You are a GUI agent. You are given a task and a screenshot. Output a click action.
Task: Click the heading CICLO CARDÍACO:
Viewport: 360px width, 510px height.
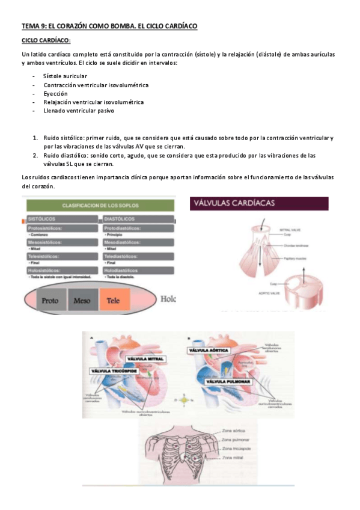click(x=46, y=40)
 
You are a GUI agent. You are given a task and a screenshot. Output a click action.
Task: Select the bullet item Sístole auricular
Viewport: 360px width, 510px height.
click(x=65, y=76)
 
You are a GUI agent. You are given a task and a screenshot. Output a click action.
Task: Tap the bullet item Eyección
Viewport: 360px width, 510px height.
click(x=55, y=94)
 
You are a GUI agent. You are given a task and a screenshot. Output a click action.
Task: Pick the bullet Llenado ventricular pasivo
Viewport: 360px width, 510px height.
click(x=78, y=111)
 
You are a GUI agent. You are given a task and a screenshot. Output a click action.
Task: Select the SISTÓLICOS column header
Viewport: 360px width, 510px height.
click(x=43, y=219)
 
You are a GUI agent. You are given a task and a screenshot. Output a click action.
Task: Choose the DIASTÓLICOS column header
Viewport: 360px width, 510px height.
click(x=120, y=219)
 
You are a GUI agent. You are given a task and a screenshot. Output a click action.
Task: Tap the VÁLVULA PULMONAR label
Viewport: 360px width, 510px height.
click(x=228, y=381)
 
